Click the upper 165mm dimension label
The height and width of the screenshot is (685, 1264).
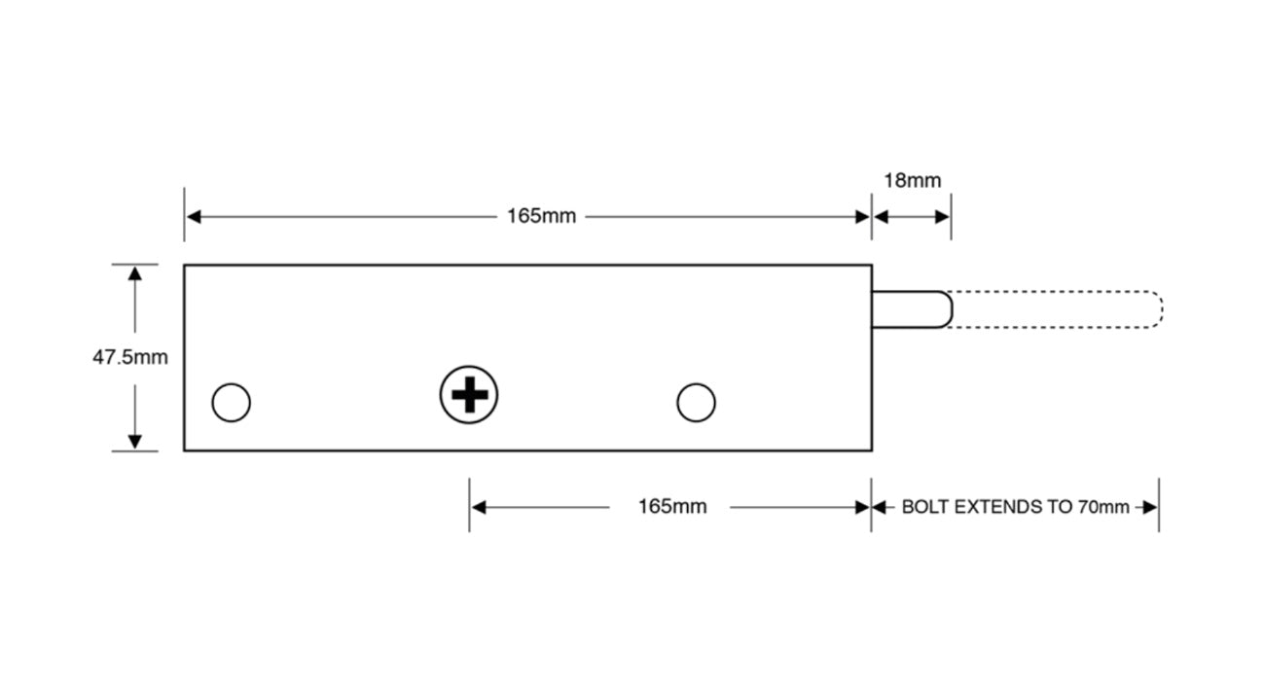click(x=541, y=216)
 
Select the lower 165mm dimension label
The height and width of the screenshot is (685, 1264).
click(x=671, y=507)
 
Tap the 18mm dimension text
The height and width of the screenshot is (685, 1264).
click(x=912, y=181)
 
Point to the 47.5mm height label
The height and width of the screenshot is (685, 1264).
click(x=130, y=357)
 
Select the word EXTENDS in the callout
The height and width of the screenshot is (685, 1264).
click(x=998, y=507)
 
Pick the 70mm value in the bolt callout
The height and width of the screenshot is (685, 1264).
click(x=1103, y=507)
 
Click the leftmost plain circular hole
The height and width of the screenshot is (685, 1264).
click(x=232, y=402)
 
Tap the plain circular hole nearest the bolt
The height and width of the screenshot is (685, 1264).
click(x=696, y=402)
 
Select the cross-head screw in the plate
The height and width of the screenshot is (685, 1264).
click(x=469, y=396)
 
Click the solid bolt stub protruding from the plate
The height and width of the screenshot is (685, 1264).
click(x=911, y=309)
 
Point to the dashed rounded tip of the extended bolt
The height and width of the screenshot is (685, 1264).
click(x=1153, y=309)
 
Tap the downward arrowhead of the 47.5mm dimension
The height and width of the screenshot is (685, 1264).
click(x=135, y=443)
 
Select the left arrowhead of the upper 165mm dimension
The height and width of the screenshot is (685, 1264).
click(x=193, y=216)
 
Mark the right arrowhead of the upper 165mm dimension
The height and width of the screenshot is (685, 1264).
click(x=863, y=216)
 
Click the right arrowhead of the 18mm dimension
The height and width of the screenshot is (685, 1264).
click(x=943, y=216)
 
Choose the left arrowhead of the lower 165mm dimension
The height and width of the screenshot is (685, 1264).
click(x=478, y=507)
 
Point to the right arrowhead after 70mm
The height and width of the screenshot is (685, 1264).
click(x=1150, y=507)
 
